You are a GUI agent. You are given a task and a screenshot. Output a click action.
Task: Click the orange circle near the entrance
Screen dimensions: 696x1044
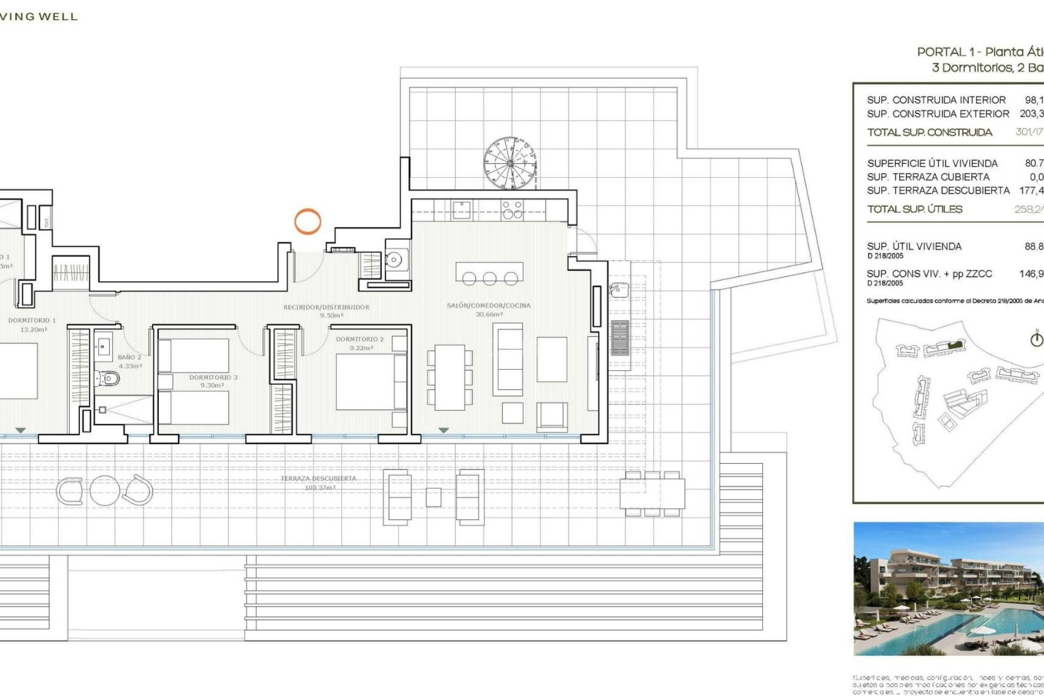click(308, 221)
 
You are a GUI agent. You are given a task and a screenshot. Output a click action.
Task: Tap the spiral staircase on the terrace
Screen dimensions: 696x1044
click(509, 163)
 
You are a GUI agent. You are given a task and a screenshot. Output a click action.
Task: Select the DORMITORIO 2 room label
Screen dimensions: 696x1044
click(360, 339)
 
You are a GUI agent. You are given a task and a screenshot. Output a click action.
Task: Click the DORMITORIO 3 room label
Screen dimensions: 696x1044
click(213, 377)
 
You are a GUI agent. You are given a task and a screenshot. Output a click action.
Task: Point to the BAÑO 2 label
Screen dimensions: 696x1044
click(129, 357)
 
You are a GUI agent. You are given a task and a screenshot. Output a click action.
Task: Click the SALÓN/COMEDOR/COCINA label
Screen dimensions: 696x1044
click(488, 306)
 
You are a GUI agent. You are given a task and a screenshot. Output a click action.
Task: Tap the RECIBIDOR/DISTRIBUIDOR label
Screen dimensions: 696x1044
click(326, 307)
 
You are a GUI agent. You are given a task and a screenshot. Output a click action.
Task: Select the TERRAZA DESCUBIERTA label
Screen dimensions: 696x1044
click(319, 478)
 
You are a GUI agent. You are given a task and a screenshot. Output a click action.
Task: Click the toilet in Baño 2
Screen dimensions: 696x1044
click(108, 378)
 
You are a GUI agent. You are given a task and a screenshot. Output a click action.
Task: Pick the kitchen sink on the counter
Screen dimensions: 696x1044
click(461, 210)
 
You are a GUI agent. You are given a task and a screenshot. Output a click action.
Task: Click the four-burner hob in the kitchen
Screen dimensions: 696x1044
click(512, 210)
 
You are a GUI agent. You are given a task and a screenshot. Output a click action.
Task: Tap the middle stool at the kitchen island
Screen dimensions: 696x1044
click(489, 279)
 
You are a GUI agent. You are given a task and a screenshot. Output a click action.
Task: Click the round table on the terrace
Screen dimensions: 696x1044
click(104, 490)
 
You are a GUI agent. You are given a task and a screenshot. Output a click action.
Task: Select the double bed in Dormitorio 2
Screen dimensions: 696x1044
click(371, 382)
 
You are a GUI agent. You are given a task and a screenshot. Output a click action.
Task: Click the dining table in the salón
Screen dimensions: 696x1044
click(450, 377)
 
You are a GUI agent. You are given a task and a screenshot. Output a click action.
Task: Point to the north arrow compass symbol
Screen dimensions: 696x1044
click(1036, 339)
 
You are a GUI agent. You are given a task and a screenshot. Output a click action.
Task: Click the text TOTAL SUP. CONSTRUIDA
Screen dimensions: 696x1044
click(929, 132)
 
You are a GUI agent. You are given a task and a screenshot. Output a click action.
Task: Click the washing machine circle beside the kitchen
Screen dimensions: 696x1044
click(394, 260)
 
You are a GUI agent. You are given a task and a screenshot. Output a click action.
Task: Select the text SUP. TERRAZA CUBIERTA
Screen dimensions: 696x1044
click(928, 177)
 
